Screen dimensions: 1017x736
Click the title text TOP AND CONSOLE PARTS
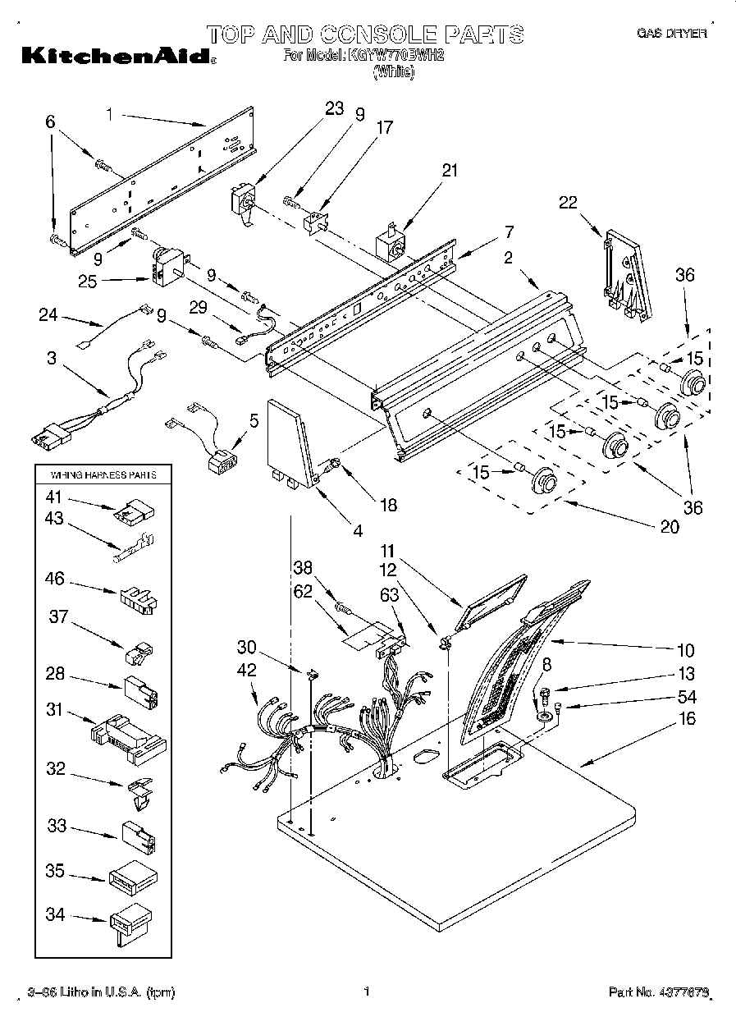[x=364, y=34]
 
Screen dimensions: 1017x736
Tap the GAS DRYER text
[x=671, y=34]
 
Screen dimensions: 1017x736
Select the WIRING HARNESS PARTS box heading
[x=103, y=474]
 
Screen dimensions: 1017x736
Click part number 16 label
[x=688, y=719]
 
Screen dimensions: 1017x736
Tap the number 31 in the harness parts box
[x=55, y=710]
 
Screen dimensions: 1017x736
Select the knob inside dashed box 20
[x=545, y=479]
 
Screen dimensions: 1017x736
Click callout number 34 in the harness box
[x=55, y=914]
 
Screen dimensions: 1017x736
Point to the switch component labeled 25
[x=168, y=264]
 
